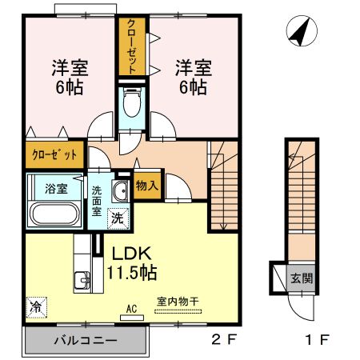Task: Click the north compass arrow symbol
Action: [x=298, y=31]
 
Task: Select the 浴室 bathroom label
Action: [x=56, y=189]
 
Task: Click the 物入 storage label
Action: [x=147, y=186]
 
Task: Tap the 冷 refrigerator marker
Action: [x=36, y=306]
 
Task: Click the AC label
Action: [x=131, y=306]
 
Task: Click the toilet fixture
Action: [x=131, y=103]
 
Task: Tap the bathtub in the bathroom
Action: [x=54, y=214]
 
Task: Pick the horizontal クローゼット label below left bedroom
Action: [x=54, y=154]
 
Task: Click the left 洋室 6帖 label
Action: [x=70, y=77]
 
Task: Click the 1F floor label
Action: [x=318, y=339]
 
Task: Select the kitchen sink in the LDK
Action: [x=81, y=281]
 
